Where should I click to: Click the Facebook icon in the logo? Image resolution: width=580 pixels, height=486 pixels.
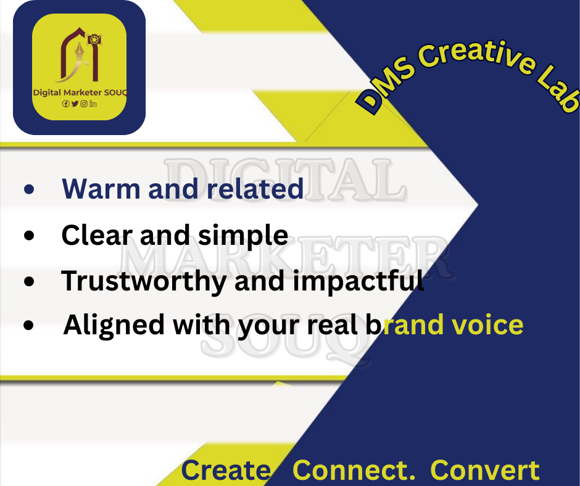pos(65,104)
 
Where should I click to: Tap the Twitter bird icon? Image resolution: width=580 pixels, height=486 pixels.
pos(75,104)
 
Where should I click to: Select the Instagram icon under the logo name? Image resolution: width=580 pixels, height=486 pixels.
pos(84,104)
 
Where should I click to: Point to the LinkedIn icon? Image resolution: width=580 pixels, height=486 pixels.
pos(93,104)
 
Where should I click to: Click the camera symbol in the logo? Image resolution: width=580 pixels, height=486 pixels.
pos(94,39)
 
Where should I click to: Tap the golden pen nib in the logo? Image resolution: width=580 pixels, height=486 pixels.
pos(80,52)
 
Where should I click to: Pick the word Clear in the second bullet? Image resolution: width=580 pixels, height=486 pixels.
pos(97,235)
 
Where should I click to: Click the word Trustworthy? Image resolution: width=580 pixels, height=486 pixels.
pos(144,282)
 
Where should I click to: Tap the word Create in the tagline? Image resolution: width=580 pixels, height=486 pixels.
pos(226,470)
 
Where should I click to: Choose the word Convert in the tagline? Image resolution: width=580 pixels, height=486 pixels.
pos(485,470)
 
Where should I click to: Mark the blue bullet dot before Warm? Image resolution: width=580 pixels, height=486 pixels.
pos(29,189)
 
